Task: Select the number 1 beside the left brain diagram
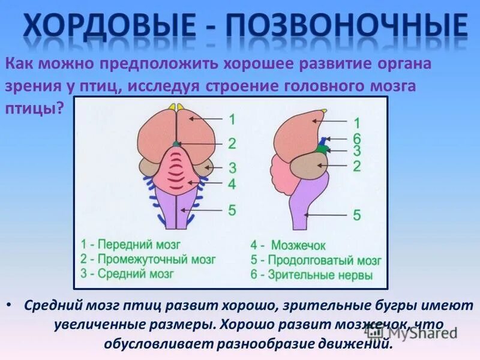click(x=232, y=119)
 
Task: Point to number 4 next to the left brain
click(x=232, y=184)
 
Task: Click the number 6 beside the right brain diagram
click(x=356, y=137)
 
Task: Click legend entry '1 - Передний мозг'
click(x=130, y=245)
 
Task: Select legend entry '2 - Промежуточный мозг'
click(x=148, y=260)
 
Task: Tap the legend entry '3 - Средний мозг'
click(x=127, y=274)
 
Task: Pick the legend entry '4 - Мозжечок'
click(x=288, y=245)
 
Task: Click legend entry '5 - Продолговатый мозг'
click(x=316, y=261)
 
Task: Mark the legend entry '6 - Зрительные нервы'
click(x=311, y=276)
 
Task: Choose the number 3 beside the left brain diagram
click(x=232, y=167)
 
